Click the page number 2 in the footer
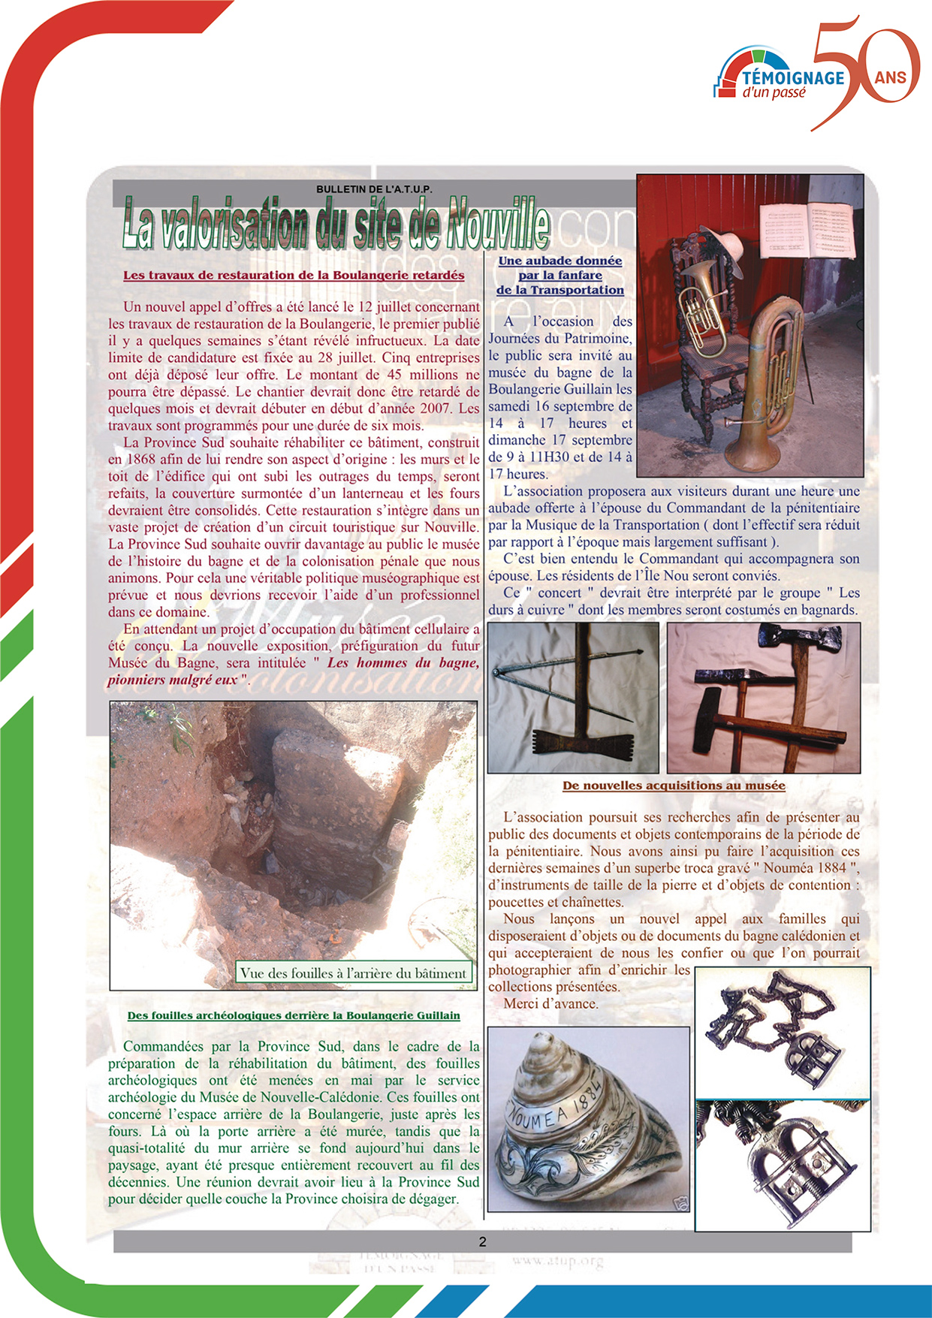(482, 1241)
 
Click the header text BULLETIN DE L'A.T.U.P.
(374, 189)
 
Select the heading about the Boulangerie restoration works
(294, 275)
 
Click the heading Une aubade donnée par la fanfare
(560, 275)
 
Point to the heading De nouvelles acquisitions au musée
(674, 786)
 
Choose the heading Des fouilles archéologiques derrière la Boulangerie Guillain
(294, 1015)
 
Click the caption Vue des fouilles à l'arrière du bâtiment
(353, 973)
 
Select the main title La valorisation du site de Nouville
(336, 223)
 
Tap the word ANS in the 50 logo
(890, 77)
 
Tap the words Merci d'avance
(550, 1003)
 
